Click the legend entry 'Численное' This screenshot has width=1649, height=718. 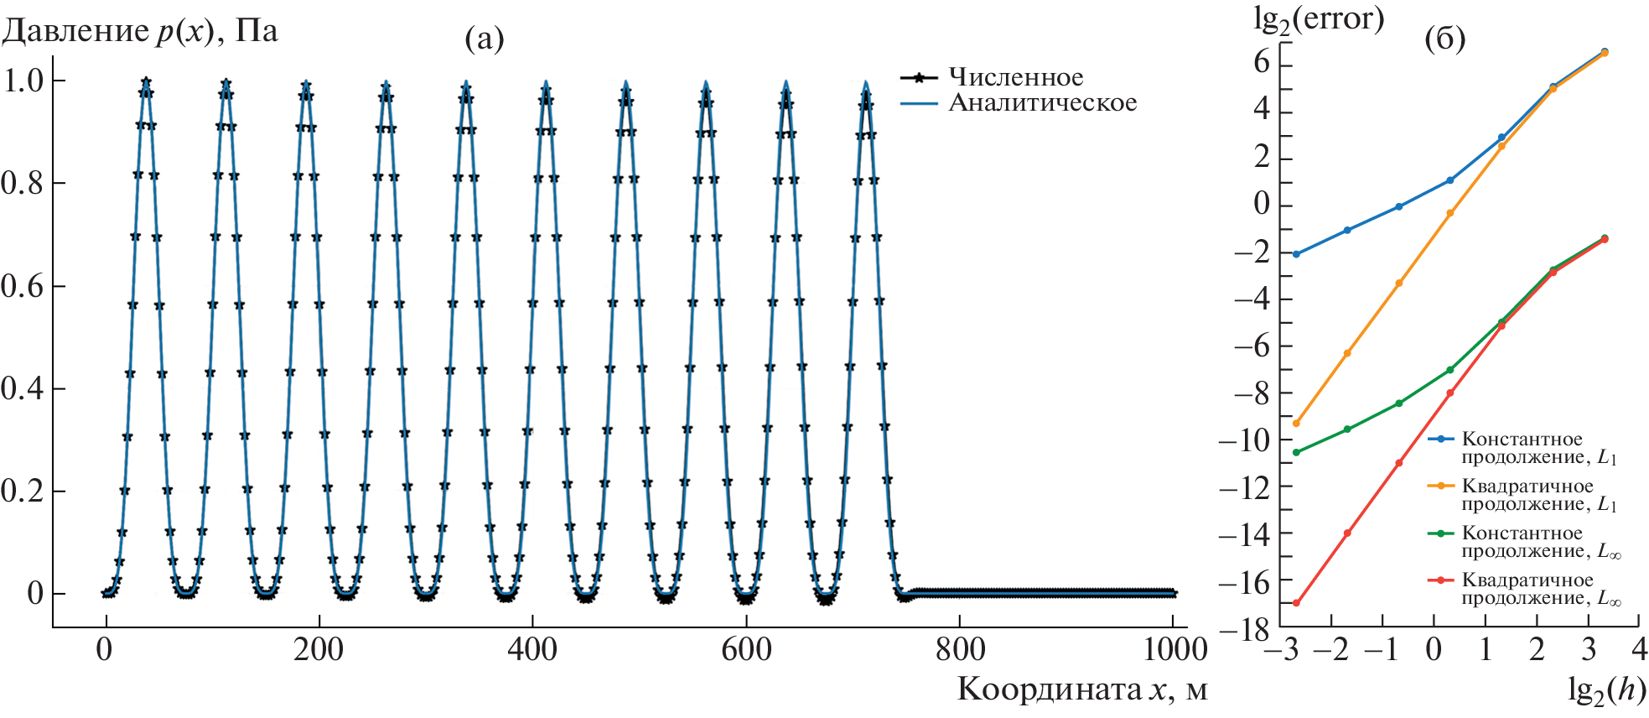1015,77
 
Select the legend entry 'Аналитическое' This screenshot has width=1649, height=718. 1042,102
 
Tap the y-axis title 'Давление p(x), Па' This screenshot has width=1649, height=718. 139,31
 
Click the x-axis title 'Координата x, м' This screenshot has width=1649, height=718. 1082,689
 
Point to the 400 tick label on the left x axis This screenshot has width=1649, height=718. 532,650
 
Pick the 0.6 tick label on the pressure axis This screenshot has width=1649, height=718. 23,286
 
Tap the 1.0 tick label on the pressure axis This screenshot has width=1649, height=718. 23,81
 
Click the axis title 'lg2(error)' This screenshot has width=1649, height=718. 1318,18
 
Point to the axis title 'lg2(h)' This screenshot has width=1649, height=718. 1606,689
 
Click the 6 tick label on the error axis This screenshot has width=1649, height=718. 1261,62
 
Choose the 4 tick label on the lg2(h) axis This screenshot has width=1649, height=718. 1640,649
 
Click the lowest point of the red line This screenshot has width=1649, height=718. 1296,603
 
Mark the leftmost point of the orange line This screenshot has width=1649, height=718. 1296,424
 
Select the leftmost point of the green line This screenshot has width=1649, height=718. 1296,453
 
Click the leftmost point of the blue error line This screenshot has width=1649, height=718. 1296,254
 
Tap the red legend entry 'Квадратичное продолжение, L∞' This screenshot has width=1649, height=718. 1527,589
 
